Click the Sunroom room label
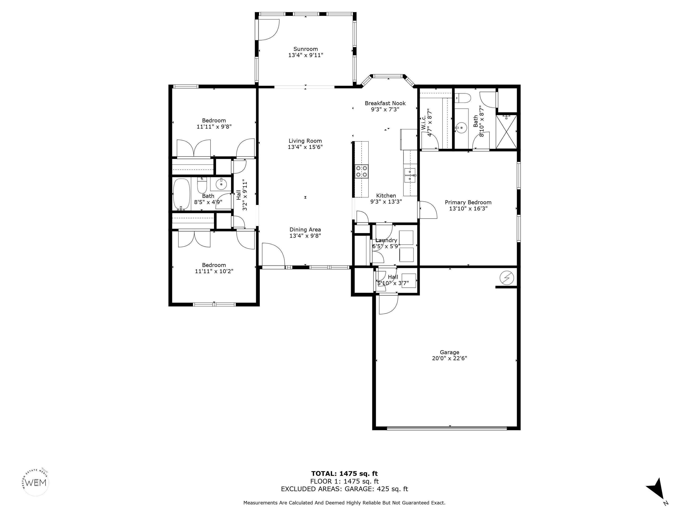tap(305, 49)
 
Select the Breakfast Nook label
tap(385, 103)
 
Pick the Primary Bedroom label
tap(468, 202)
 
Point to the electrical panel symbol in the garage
tap(506, 277)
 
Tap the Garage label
tap(449, 353)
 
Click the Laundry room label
tap(386, 240)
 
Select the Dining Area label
tap(305, 230)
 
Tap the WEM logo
tap(36, 483)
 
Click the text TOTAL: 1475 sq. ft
tap(344, 474)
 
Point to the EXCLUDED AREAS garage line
tap(344, 489)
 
